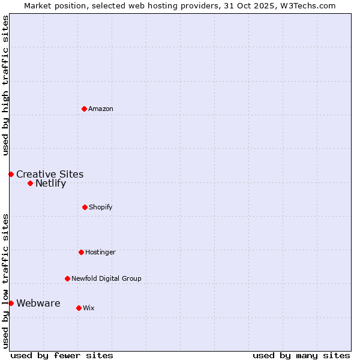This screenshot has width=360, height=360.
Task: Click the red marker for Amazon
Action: (84, 109)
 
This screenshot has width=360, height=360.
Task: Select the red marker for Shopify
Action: (85, 207)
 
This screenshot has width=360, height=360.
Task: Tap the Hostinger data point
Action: (81, 252)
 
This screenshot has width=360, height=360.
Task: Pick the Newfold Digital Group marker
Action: (67, 278)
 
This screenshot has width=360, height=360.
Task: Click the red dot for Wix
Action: (79, 308)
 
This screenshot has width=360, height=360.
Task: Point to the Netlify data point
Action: (30, 183)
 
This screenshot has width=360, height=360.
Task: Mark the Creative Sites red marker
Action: (11, 174)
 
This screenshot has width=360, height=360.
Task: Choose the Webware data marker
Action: (11, 303)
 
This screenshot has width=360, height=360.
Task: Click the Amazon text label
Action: (101, 109)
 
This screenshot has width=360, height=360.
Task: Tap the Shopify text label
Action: (101, 207)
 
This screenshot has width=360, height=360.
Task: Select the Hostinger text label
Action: (100, 252)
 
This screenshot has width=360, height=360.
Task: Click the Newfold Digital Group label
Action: (106, 278)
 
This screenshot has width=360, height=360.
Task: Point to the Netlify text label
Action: (50, 184)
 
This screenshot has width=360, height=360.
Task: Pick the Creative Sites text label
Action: (50, 175)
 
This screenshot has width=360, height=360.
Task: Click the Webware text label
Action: (38, 303)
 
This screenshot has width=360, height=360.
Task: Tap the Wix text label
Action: (89, 308)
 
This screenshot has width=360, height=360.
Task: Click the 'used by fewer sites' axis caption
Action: (62, 355)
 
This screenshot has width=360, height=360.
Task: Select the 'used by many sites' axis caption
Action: (301, 355)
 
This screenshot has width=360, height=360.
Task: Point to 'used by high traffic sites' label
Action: (5, 85)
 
